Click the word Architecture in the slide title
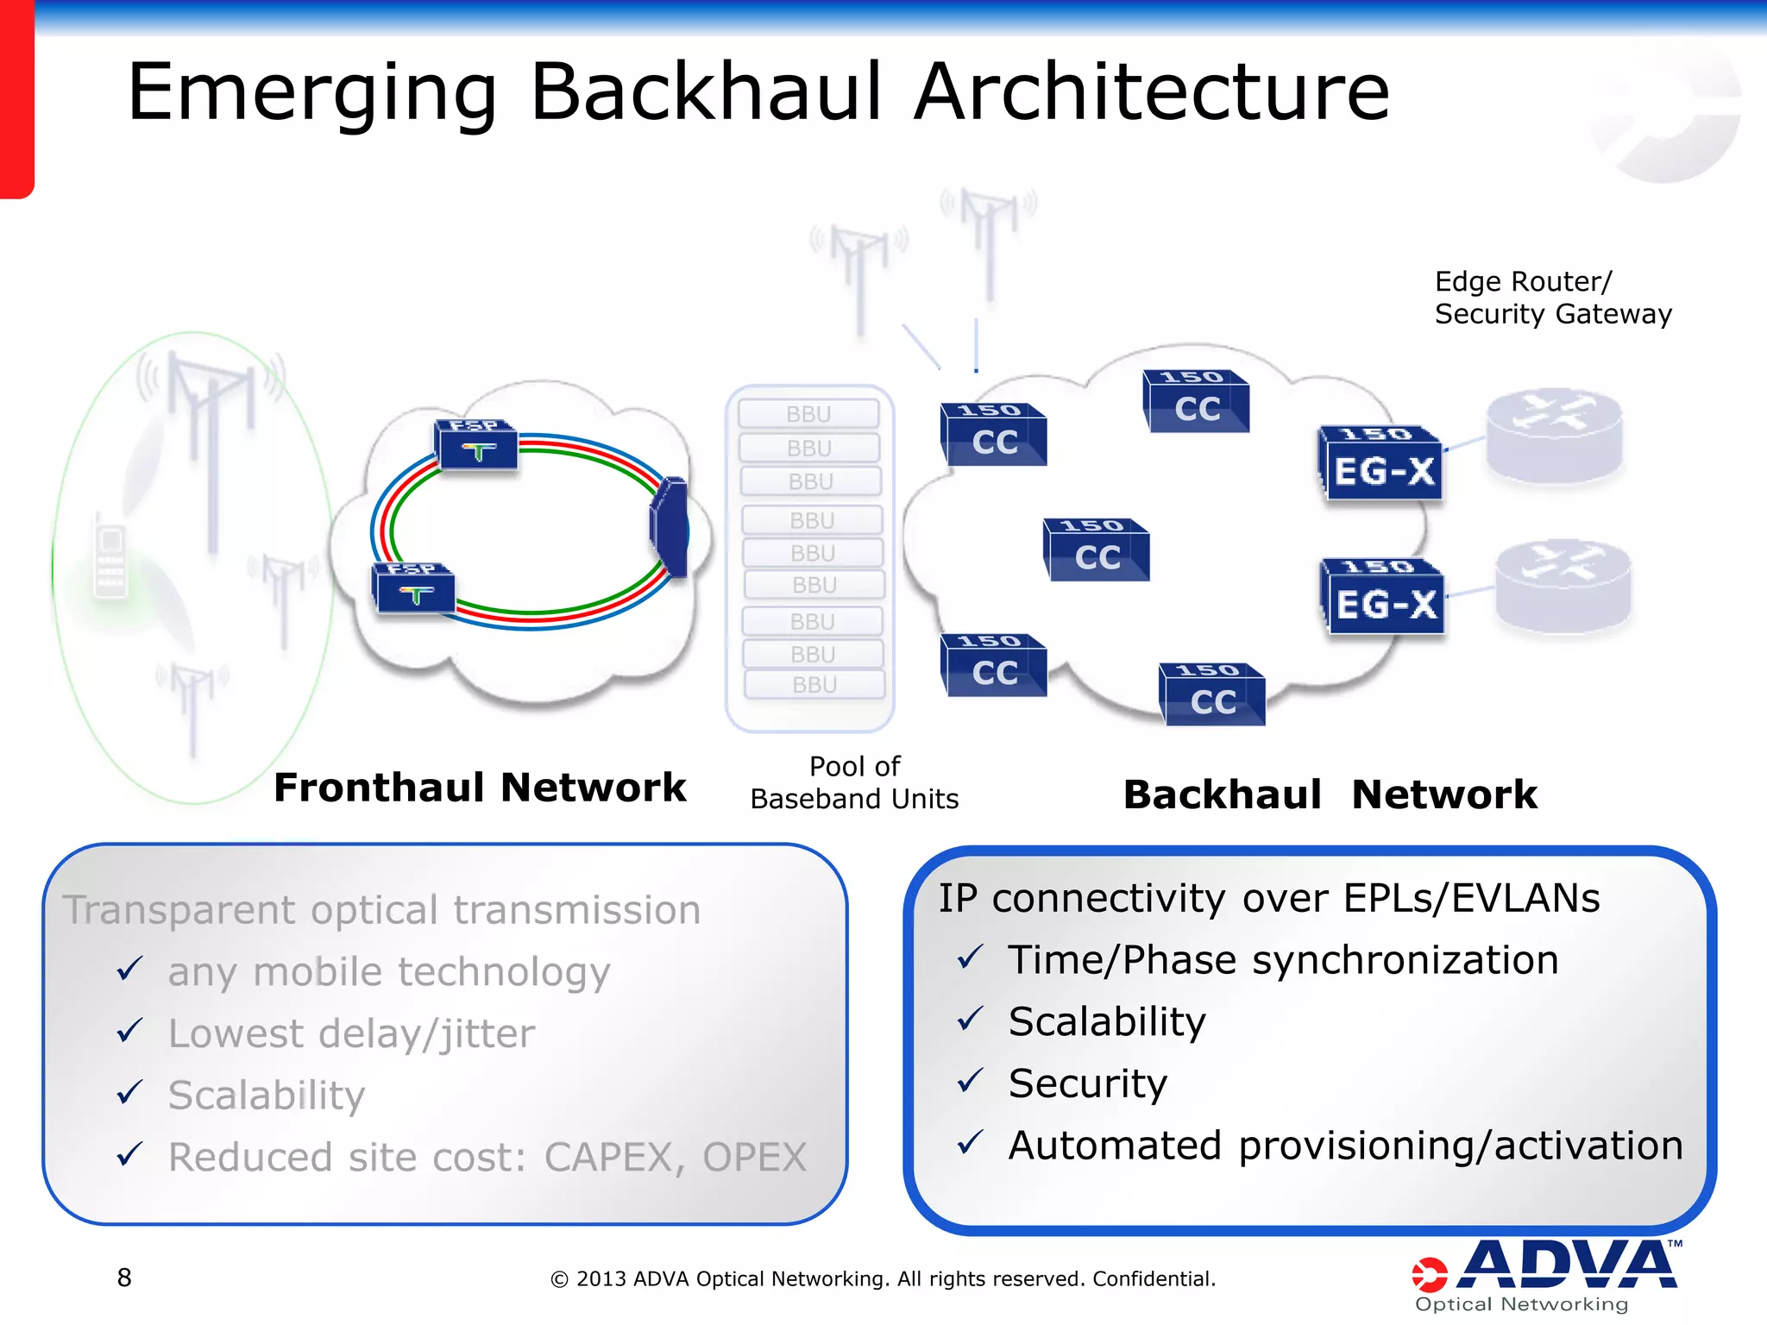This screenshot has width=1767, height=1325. pyautogui.click(x=1152, y=91)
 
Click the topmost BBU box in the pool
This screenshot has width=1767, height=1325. pyautogui.click(x=808, y=414)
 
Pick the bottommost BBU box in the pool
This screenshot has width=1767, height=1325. pyautogui.click(x=814, y=685)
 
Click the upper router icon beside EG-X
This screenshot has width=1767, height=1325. pyautogui.click(x=1554, y=434)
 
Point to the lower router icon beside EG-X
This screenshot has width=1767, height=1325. pyautogui.click(x=1563, y=586)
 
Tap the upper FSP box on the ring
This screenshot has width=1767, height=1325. pyautogui.click(x=477, y=444)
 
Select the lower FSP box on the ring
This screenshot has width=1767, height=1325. pyautogui.click(x=414, y=588)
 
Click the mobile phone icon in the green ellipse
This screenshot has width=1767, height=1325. pyautogui.click(x=110, y=561)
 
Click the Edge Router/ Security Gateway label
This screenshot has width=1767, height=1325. pyautogui.click(x=1552, y=298)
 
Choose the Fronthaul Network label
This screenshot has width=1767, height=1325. pyautogui.click(x=479, y=788)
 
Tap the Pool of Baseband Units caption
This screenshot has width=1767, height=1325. pyautogui.click(x=854, y=782)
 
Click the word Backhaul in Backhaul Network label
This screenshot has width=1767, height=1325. pyautogui.click(x=1222, y=794)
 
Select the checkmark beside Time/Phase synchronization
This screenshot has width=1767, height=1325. pyautogui.click(x=971, y=957)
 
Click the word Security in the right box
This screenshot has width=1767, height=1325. pyautogui.click(x=1087, y=1083)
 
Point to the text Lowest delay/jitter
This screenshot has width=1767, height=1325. pyautogui.click(x=351, y=1033)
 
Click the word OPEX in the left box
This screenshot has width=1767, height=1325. pyautogui.click(x=754, y=1158)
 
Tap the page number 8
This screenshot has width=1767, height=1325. pyautogui.click(x=124, y=1278)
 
